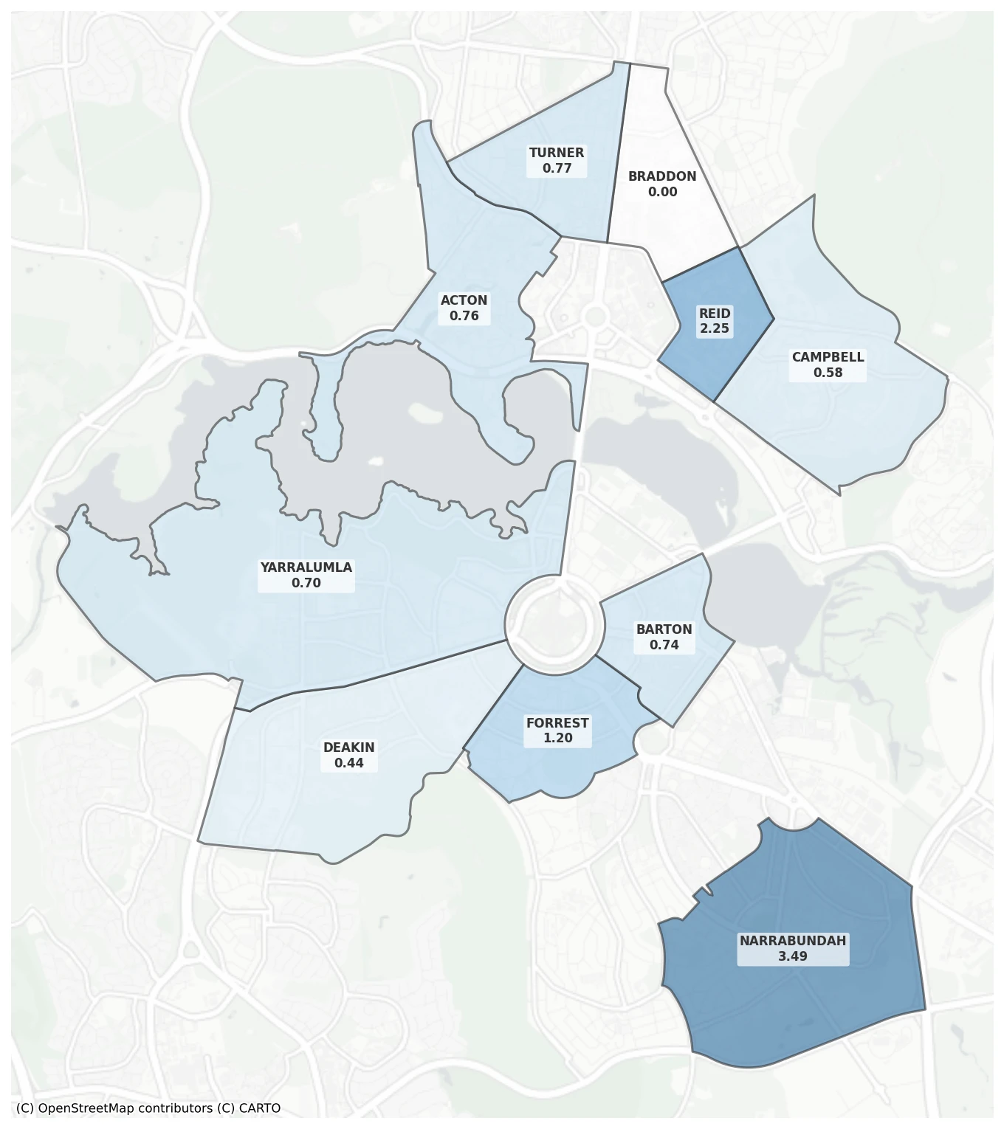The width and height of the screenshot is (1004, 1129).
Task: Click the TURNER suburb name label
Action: pyautogui.click(x=557, y=153)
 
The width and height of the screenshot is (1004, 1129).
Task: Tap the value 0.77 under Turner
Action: pyautogui.click(x=557, y=168)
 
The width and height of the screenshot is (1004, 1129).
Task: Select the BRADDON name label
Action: pyautogui.click(x=662, y=176)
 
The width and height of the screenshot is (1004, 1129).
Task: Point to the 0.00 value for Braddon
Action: pyautogui.click(x=662, y=192)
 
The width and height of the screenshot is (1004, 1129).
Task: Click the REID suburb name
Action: pyautogui.click(x=715, y=314)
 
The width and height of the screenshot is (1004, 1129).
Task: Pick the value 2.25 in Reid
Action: pyautogui.click(x=715, y=328)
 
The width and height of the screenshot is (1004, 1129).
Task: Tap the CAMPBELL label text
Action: pyautogui.click(x=828, y=357)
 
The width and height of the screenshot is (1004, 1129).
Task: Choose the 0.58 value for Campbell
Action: pyautogui.click(x=828, y=373)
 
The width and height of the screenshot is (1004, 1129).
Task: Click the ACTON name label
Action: pyautogui.click(x=464, y=300)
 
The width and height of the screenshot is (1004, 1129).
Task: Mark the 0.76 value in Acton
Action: pyautogui.click(x=464, y=316)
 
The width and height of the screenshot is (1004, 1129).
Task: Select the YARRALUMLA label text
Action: pyautogui.click(x=306, y=567)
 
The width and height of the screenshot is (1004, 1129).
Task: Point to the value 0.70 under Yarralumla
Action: pyautogui.click(x=306, y=583)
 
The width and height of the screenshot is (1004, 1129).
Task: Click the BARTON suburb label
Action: pyautogui.click(x=664, y=629)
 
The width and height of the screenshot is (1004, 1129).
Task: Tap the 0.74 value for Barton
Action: pyautogui.click(x=664, y=645)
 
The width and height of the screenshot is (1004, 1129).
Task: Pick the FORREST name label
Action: pyautogui.click(x=557, y=723)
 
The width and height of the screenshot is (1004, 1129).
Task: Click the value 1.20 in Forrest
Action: pyautogui.click(x=557, y=738)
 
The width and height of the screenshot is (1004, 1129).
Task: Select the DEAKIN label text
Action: pyautogui.click(x=349, y=748)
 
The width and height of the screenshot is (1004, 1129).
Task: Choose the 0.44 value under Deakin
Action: pyautogui.click(x=349, y=763)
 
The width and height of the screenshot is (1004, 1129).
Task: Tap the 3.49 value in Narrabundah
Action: pyautogui.click(x=793, y=956)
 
